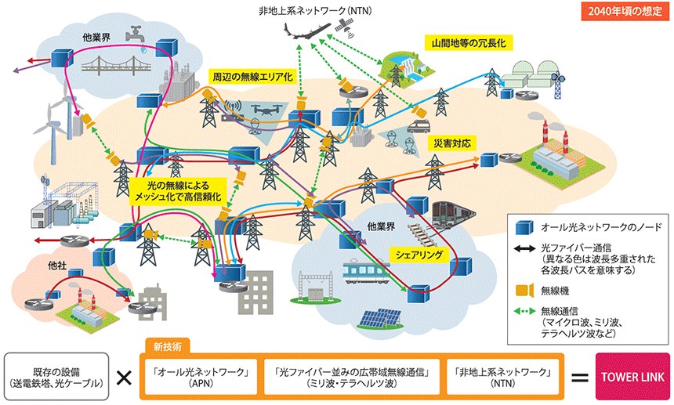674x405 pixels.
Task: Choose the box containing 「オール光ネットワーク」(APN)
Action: pyautogui.click(x=201, y=377)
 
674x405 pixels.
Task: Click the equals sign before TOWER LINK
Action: pyautogui.click(x=579, y=377)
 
